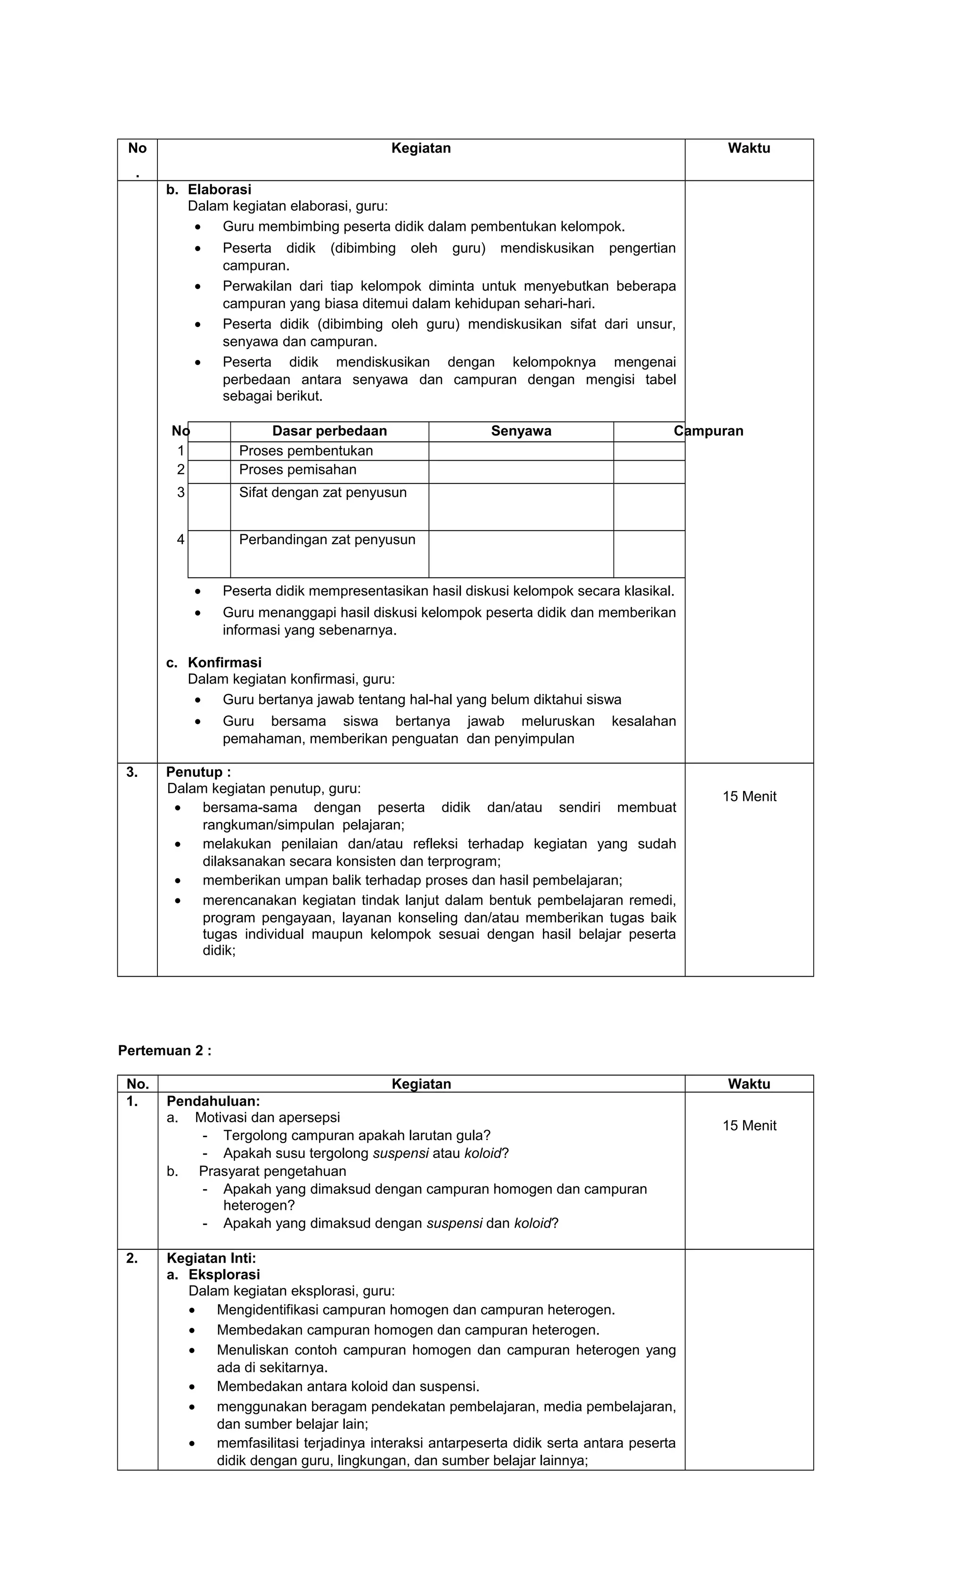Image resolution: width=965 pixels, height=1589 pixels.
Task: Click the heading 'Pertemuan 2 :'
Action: point(164,1051)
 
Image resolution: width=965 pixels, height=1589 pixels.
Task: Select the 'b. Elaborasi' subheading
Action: point(208,189)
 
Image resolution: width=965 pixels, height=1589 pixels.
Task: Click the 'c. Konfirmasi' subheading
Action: point(213,662)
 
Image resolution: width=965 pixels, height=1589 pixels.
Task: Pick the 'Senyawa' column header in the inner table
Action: point(521,431)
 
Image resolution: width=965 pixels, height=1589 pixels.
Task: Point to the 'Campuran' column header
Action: point(708,431)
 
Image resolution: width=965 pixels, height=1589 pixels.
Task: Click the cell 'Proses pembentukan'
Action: point(306,451)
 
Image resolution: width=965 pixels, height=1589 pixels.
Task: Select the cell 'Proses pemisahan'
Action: point(297,470)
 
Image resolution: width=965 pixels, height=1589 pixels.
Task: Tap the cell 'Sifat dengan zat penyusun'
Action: point(322,493)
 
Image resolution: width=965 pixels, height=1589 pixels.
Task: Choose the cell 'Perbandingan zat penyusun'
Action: point(327,540)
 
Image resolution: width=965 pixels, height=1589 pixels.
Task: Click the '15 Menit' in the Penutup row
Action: point(749,797)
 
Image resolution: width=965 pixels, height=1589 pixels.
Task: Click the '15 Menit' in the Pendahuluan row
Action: point(749,1125)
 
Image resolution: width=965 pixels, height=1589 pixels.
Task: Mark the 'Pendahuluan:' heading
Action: point(213,1101)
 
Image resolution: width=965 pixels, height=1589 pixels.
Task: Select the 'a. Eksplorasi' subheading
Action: point(213,1274)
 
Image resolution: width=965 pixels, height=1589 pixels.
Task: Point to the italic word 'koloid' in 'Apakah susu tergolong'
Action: point(482,1153)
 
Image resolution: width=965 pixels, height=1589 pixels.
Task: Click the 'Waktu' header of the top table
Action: point(749,148)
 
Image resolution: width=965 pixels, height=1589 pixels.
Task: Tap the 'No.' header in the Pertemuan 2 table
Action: point(138,1084)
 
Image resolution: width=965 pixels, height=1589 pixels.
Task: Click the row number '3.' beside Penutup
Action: point(131,772)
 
